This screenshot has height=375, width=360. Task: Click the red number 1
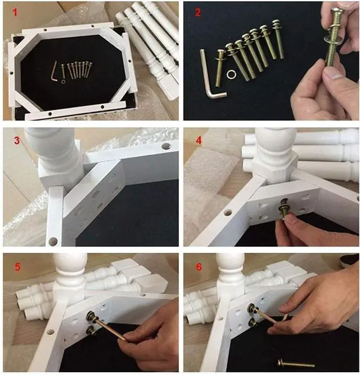tap(15, 12)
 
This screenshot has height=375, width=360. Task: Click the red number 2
tap(197, 12)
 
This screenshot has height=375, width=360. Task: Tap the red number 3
tap(17, 141)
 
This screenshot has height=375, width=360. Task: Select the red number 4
tap(199, 140)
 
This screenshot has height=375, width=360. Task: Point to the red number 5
tap(17, 267)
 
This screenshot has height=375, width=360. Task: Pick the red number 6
tap(199, 267)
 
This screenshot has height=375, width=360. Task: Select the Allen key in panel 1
tap(55, 72)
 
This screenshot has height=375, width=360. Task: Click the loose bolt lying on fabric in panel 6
tap(296, 364)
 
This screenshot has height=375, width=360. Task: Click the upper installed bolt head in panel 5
tap(92, 315)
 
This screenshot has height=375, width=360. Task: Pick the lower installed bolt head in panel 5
tap(91, 330)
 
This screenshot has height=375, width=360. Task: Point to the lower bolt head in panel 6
tap(253, 323)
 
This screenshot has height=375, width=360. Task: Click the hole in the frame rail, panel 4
tap(228, 212)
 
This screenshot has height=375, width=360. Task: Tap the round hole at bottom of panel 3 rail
tap(53, 241)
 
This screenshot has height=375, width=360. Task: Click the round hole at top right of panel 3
tap(166, 146)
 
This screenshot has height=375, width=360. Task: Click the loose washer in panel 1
tap(63, 82)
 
